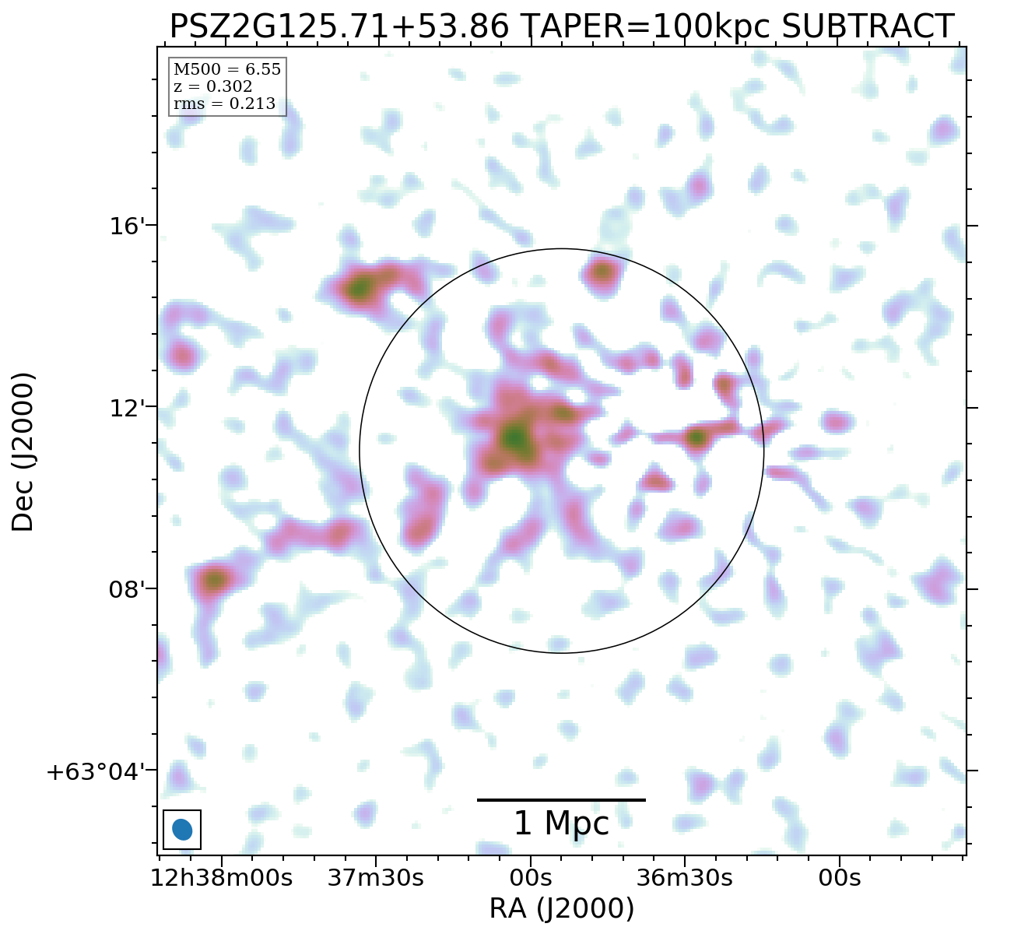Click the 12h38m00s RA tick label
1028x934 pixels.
pyautogui.click(x=222, y=878)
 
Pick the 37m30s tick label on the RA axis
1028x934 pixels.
pyautogui.click(x=375, y=878)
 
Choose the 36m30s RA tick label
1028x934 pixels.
pyautogui.click(x=684, y=878)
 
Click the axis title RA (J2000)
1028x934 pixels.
pyautogui.click(x=561, y=909)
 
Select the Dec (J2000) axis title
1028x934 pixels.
pyautogui.click(x=23, y=452)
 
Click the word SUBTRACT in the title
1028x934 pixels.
pyautogui.click(x=867, y=27)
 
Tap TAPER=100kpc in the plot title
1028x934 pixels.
pyautogui.click(x=644, y=27)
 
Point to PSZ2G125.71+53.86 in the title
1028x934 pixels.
pyautogui.click(x=339, y=27)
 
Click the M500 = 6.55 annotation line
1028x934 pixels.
pyautogui.click(x=226, y=70)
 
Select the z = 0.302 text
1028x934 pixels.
pyautogui.click(x=212, y=86)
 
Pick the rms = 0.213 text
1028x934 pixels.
pyautogui.click(x=224, y=104)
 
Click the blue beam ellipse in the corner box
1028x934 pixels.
pyautogui.click(x=182, y=830)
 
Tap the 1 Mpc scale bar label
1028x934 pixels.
pyautogui.click(x=561, y=823)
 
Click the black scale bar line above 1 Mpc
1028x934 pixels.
pyautogui.click(x=561, y=799)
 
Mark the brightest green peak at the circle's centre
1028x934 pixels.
pyautogui.click(x=515, y=438)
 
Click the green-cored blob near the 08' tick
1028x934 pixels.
pyautogui.click(x=214, y=580)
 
